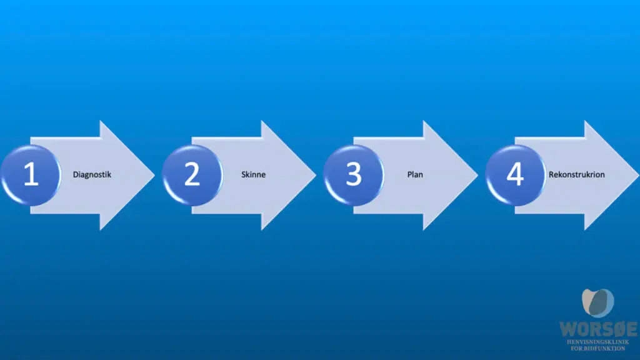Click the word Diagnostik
point(92,175)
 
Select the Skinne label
point(253,174)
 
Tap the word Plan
point(415,174)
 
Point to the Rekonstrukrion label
point(576,174)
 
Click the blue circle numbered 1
point(31,175)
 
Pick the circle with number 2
point(192,175)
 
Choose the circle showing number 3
point(354,175)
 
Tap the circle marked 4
point(516,175)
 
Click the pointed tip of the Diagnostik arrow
point(155,175)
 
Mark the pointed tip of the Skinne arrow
point(316,175)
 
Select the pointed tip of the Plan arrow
point(477,175)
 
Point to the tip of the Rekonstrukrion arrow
point(639,175)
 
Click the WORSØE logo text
point(598,329)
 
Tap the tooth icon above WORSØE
point(598,303)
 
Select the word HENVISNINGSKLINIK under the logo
point(598,342)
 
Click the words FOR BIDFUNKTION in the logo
point(598,348)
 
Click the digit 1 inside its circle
point(31,174)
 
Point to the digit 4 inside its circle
point(515,174)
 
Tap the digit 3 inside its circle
point(354,174)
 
